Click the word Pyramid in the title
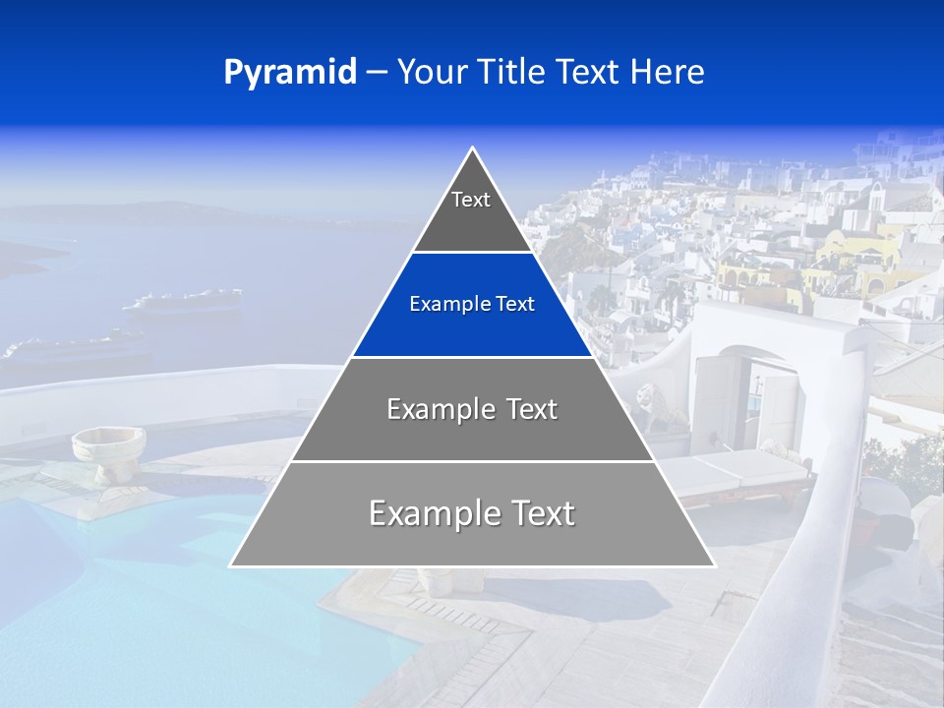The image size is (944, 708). (x=289, y=73)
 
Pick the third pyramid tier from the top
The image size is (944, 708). (x=472, y=409)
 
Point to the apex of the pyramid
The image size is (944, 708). (x=473, y=149)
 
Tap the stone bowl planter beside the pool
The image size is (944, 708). (x=107, y=447)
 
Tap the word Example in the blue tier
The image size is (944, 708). (x=441, y=305)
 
